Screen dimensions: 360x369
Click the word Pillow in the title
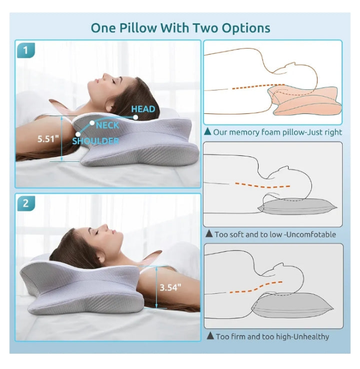point(138,28)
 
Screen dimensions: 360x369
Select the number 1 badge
point(26,50)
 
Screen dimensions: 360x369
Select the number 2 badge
point(26,203)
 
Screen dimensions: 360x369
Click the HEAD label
point(143,109)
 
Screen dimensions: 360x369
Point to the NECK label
point(107,125)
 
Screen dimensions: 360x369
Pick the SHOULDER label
point(95,141)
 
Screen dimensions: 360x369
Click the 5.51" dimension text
point(48,139)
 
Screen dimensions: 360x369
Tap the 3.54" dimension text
point(171,287)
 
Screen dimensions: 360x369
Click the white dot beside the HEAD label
point(136,117)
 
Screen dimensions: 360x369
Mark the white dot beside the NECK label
point(92,123)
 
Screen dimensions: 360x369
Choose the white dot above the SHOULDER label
point(78,134)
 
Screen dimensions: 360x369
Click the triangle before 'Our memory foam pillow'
point(208,131)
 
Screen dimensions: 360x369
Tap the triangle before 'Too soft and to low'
point(209,233)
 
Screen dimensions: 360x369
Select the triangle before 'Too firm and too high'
point(210,336)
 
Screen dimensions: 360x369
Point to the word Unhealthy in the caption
point(311,337)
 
